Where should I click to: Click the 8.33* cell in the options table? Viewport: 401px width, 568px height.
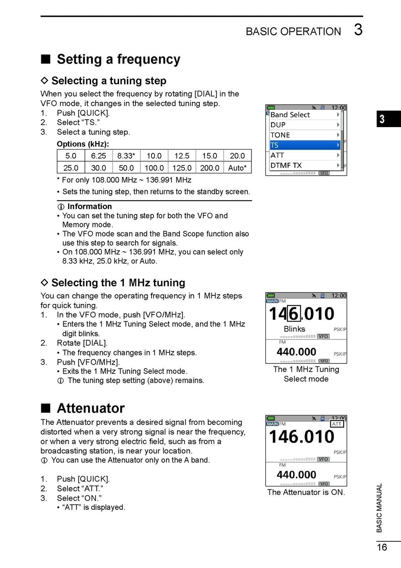point(126,156)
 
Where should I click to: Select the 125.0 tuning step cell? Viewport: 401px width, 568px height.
point(182,168)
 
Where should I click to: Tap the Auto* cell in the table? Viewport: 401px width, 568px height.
point(237,168)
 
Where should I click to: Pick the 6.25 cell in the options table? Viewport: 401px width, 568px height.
point(98,156)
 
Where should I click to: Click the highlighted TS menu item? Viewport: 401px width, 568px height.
point(304,145)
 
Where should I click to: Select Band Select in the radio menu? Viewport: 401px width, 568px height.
point(290,115)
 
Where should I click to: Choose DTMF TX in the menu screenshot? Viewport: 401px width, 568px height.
point(286,165)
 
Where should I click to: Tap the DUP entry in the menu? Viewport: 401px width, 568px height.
point(278,125)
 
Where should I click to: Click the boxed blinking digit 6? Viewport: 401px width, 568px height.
point(294,314)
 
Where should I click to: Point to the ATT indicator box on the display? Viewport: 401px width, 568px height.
point(337,424)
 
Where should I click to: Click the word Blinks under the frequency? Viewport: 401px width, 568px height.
point(294,329)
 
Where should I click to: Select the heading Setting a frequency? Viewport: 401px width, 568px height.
point(118,59)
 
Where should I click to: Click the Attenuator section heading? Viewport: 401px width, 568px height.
point(90,408)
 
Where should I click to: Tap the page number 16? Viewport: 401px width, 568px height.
point(382,547)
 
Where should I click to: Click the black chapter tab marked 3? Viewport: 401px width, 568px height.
point(388,119)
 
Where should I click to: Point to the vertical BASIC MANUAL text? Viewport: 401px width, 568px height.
point(379,508)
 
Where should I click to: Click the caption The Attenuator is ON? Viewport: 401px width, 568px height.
point(306,492)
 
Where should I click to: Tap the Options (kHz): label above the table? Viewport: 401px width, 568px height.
point(83,144)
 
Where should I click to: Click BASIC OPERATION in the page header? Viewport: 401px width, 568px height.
point(293,31)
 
